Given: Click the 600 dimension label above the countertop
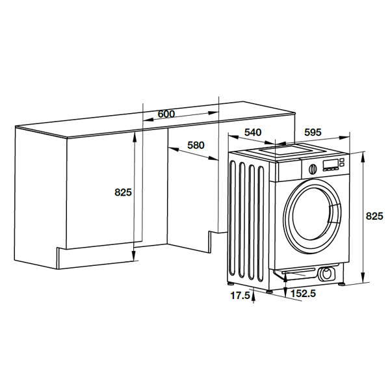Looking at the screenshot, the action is (x=166, y=114).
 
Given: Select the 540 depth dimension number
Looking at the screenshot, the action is (x=253, y=133).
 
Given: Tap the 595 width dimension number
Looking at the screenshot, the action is (x=313, y=133).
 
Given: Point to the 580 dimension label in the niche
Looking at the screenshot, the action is (x=196, y=145).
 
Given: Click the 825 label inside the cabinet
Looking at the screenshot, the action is (x=123, y=192).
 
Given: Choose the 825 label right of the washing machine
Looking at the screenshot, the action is (x=374, y=216).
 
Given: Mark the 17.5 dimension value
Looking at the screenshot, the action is (x=240, y=296).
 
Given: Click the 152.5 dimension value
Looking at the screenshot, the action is (x=303, y=294).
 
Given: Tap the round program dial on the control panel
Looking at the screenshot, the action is (x=313, y=169).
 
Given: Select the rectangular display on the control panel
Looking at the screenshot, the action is (x=331, y=164).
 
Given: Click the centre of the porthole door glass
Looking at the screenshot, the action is (x=312, y=216).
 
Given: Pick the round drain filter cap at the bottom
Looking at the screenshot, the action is (x=326, y=274).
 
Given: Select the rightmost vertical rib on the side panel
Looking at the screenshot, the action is (x=261, y=224).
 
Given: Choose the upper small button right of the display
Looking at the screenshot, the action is (x=342, y=160).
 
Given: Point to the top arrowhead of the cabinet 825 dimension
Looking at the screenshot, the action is (x=135, y=136).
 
